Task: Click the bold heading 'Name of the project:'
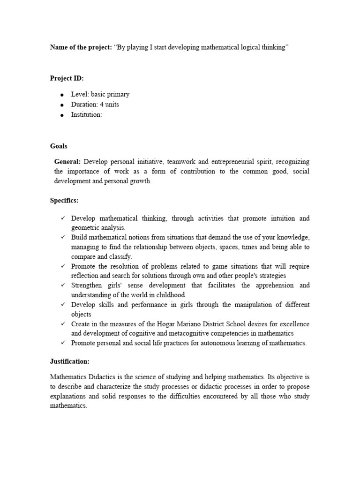tap(81, 48)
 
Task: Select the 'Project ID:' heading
tap(67, 78)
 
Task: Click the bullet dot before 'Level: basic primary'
tap(61, 95)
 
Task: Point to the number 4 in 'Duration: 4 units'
tap(101, 105)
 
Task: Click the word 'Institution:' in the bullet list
tap(86, 115)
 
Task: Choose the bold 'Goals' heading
tap(59, 146)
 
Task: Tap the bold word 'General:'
tap(68, 162)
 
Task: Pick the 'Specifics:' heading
tap(64, 201)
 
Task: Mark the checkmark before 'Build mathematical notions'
tap(62, 238)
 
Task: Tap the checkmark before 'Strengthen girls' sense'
tap(62, 285)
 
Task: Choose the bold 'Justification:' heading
tap(69, 361)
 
